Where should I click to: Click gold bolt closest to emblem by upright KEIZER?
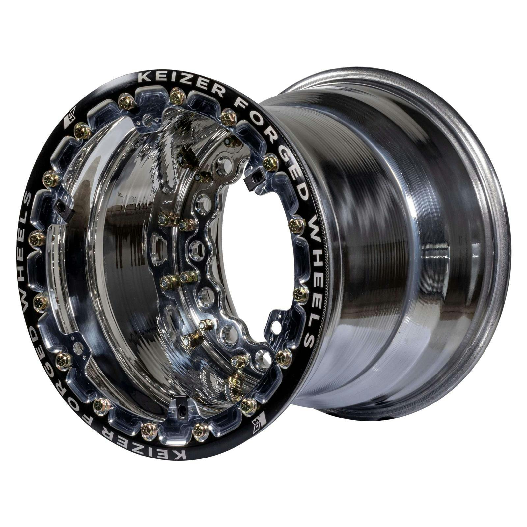coord(81,131)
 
